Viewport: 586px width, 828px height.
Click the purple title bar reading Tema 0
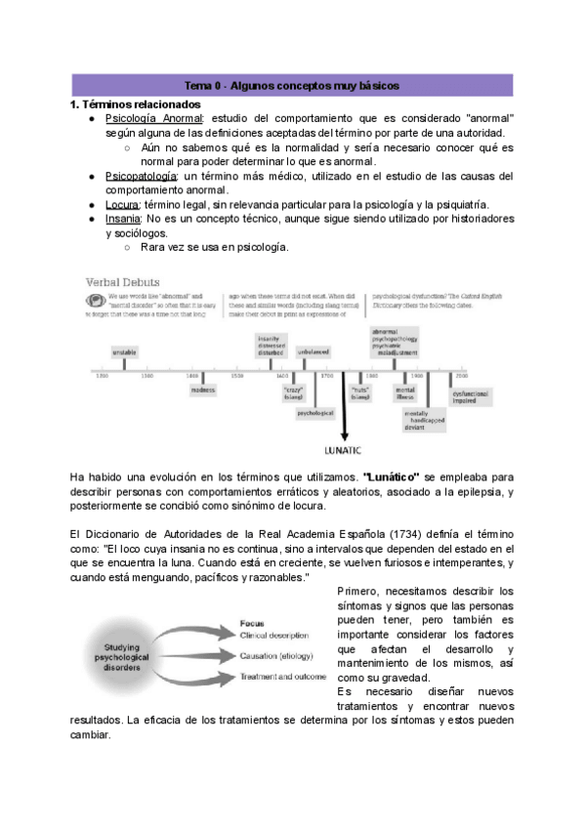pos(292,87)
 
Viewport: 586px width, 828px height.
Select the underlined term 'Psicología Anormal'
pos(153,118)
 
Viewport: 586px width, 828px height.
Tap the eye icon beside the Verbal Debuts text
pos(96,300)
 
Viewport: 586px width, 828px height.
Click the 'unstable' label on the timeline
pos(124,351)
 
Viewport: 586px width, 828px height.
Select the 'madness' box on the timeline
pos(203,390)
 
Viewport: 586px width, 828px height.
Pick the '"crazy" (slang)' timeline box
pos(293,393)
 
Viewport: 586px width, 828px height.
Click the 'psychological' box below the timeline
pos(315,413)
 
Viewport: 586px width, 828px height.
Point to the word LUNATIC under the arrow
pos(344,451)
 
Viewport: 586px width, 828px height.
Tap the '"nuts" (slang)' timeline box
pos(360,393)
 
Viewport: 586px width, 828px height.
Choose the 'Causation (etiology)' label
pos(282,656)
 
